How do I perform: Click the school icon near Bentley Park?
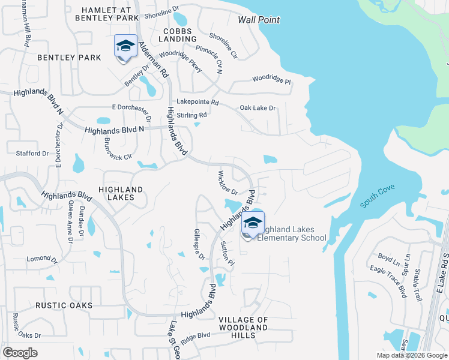[x=125, y=47]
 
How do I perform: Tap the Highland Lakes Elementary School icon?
[x=253, y=224]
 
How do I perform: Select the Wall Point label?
[x=259, y=20]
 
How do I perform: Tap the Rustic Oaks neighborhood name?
[x=64, y=305]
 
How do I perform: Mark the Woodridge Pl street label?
[x=271, y=79]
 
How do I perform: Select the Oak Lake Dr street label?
[x=258, y=108]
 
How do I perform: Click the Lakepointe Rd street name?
[x=197, y=103]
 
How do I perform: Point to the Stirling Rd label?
[x=191, y=115]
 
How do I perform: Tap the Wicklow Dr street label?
[x=228, y=183]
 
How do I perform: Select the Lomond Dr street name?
[x=41, y=259]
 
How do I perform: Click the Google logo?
[x=20, y=353]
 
